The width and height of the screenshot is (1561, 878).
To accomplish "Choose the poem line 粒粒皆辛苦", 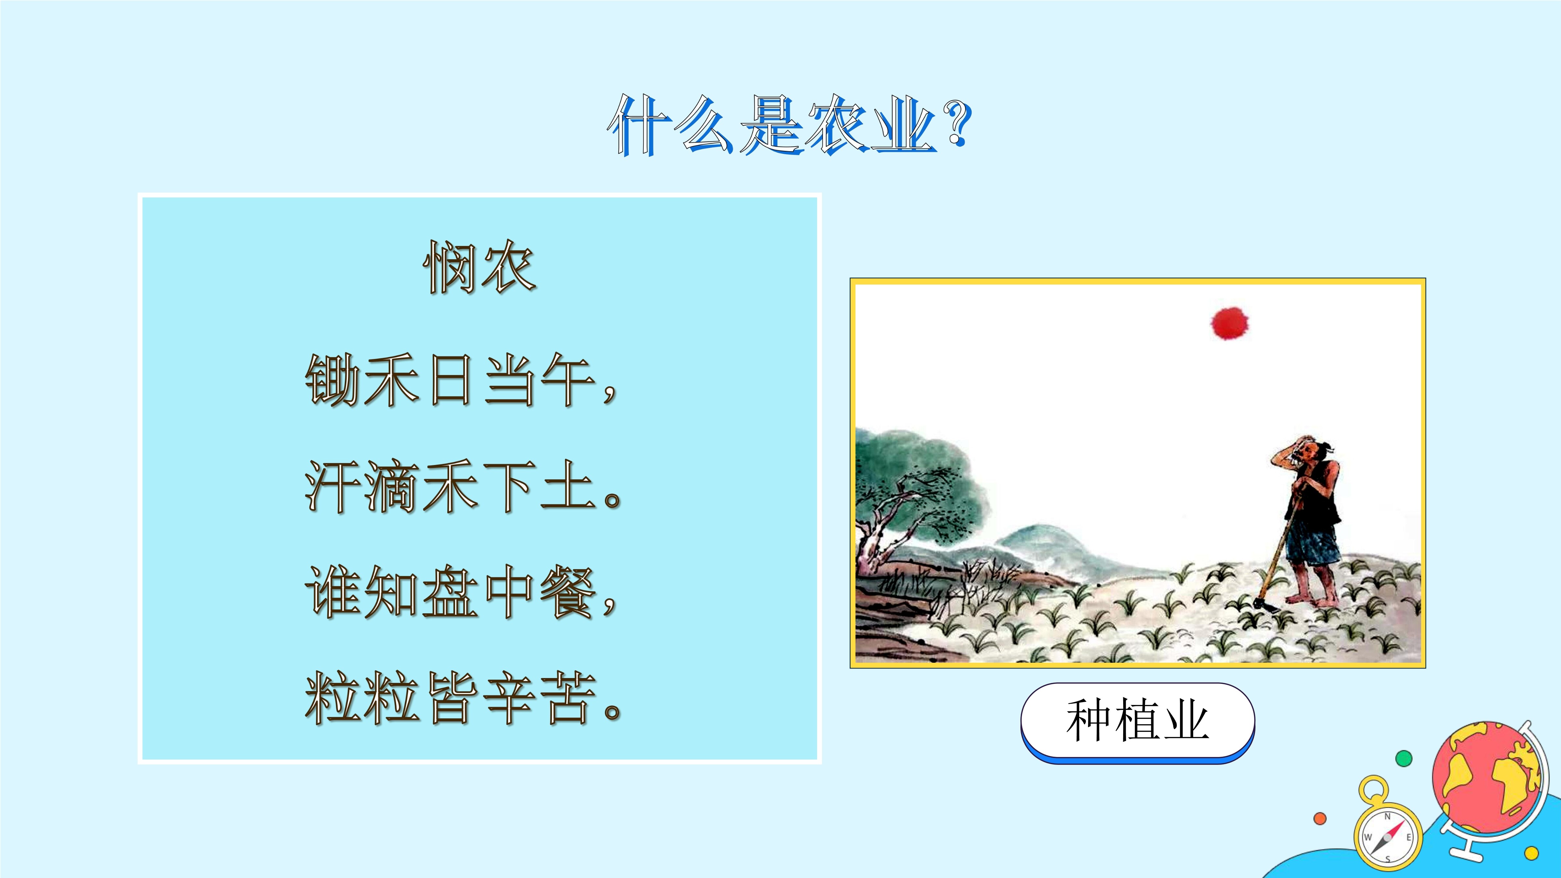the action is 464,698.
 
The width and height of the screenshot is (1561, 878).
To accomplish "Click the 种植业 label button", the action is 1137,722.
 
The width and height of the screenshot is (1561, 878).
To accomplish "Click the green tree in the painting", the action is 915,491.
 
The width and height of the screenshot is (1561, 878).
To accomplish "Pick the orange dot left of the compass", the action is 1320,818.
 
